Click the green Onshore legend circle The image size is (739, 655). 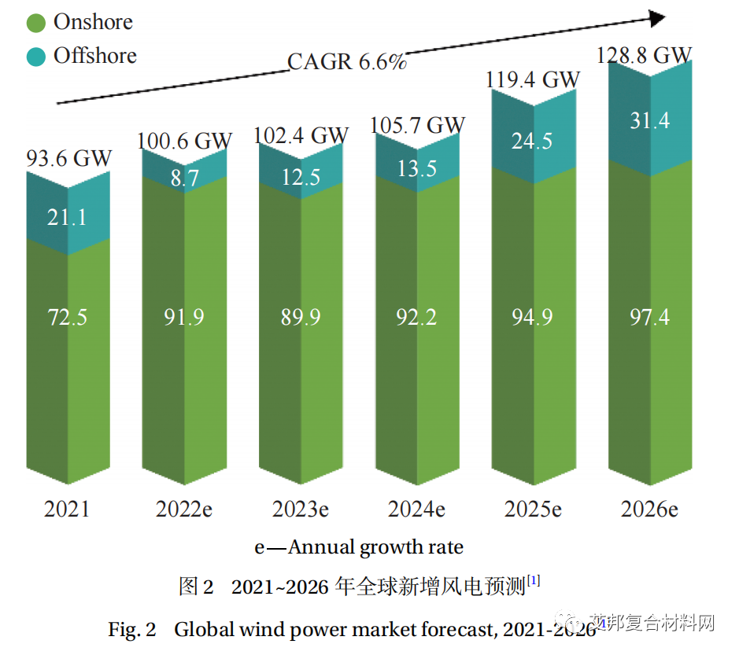(x=36, y=23)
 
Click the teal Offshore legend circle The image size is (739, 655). (x=36, y=57)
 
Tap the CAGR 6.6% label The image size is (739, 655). (x=346, y=62)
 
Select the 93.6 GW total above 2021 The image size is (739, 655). (x=68, y=158)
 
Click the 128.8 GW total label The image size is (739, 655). (x=644, y=55)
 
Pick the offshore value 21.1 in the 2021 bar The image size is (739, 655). (x=67, y=217)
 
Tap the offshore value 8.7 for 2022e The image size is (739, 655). (x=185, y=178)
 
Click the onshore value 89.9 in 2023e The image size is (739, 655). (x=301, y=317)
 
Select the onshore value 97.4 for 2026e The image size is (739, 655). (x=649, y=317)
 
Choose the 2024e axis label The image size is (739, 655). (x=416, y=510)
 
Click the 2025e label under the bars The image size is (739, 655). (x=533, y=510)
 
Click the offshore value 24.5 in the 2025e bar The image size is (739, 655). (x=532, y=141)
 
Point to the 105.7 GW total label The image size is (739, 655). (x=418, y=125)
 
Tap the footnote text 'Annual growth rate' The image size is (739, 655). (x=376, y=547)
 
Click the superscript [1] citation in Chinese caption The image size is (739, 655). (x=534, y=580)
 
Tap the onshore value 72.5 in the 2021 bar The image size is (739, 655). (x=67, y=317)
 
